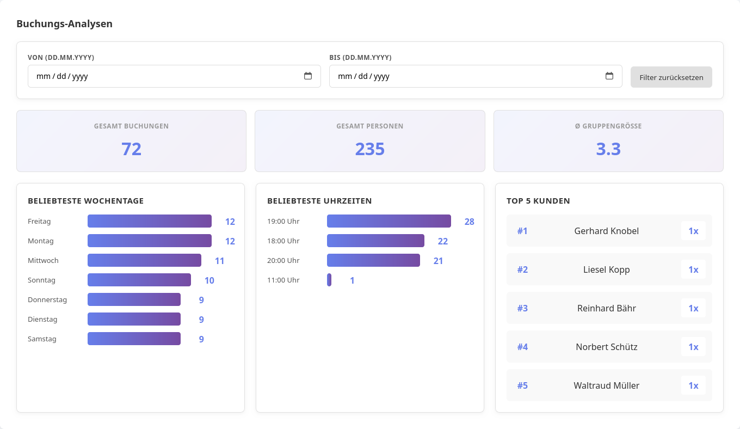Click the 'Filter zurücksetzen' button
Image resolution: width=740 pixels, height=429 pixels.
coord(671,77)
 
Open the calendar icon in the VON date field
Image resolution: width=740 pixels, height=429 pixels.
coord(308,76)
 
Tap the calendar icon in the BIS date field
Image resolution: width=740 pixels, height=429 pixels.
coord(609,76)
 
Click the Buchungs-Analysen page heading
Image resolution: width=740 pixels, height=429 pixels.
coord(64,24)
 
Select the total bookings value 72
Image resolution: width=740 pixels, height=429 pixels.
coord(131,149)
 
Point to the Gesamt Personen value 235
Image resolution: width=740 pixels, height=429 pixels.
coord(369,149)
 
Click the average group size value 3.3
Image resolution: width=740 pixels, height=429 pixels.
coord(608,149)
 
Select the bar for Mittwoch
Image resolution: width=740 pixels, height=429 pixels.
coord(144,260)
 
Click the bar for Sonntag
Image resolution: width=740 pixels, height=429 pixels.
coord(139,280)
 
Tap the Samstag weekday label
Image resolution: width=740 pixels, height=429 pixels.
coord(42,339)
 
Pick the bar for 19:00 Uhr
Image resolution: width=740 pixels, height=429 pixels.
coord(388,221)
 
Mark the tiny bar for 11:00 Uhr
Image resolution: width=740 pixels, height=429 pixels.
coord(329,280)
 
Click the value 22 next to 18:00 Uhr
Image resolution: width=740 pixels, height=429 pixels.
coord(442,241)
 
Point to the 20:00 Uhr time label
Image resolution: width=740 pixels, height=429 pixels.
coord(283,260)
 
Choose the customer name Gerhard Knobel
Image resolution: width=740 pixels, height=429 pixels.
coord(606,231)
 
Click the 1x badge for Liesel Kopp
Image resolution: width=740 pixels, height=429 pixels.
coord(693,269)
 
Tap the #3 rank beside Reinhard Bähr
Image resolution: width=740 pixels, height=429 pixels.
coord(522,308)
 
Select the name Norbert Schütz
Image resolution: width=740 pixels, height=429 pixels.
coord(606,347)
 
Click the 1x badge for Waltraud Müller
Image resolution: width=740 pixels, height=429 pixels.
coord(693,385)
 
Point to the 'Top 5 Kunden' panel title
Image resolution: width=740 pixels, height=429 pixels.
coord(538,201)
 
